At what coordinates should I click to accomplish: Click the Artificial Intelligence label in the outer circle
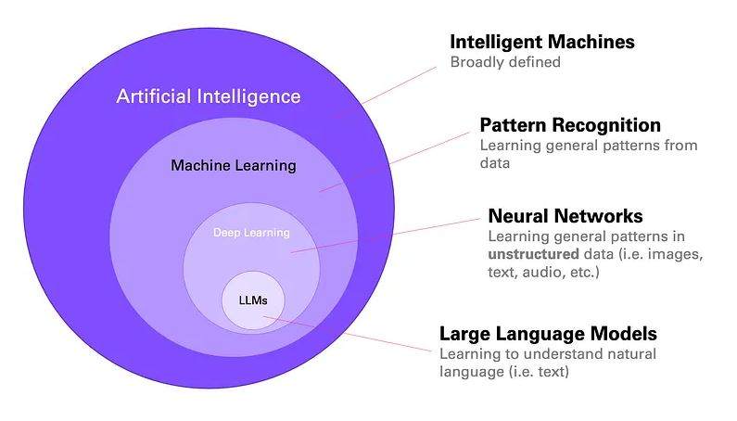coord(209,96)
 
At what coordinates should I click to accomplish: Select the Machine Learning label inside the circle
coord(234,166)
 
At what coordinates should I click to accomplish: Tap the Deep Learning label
coord(251,233)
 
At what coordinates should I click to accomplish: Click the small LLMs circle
coord(253,300)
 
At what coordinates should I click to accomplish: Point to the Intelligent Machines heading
coord(542,42)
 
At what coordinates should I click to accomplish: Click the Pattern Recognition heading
coord(570,125)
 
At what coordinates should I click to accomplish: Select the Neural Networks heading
coord(565,216)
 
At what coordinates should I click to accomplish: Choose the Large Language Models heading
coord(548,334)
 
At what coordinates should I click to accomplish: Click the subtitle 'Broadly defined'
coord(505,63)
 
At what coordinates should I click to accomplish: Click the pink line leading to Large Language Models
coord(352,335)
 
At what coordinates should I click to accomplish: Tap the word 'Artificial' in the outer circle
coord(151,96)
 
